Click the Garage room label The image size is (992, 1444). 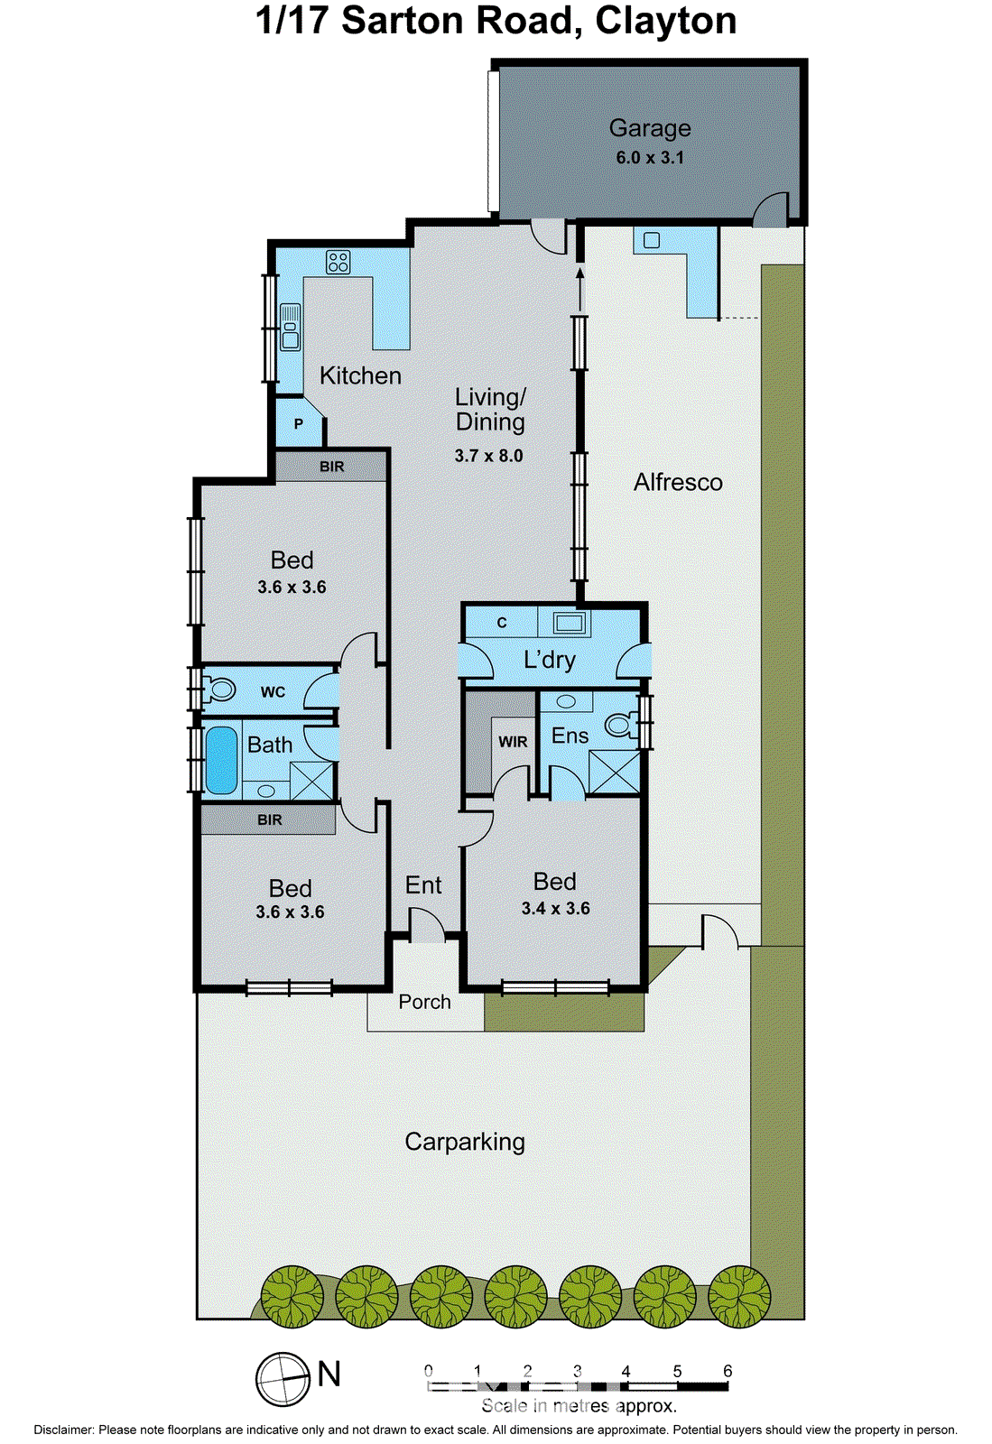(649, 128)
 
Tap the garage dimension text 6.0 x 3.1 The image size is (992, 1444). (649, 157)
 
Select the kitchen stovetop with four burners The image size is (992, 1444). (338, 263)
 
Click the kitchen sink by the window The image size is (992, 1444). (290, 327)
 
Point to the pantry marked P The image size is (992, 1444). (299, 422)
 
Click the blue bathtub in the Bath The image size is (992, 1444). (221, 760)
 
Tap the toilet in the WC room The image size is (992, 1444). (218, 690)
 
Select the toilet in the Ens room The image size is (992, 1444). (622, 724)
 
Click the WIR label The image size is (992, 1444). (513, 742)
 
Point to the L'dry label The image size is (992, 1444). (549, 660)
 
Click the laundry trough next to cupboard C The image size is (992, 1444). (570, 623)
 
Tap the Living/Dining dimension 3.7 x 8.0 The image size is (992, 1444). (488, 456)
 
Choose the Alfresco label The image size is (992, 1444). (678, 482)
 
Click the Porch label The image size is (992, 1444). (424, 1002)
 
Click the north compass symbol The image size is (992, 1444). (283, 1379)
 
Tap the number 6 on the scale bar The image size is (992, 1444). (728, 1371)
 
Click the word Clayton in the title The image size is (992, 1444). (665, 21)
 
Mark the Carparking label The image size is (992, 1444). (464, 1142)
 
